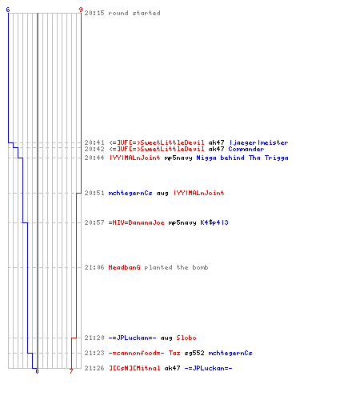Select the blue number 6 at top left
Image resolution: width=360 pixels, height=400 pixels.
pos(8,10)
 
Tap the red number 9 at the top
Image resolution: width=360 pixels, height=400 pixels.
pos(81,10)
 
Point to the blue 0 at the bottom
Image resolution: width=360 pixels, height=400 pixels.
pos(37,371)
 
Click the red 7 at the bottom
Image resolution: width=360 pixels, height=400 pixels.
pos(71,371)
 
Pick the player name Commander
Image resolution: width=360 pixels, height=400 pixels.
pos(246,149)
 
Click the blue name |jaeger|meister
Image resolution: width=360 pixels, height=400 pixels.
pos(258,142)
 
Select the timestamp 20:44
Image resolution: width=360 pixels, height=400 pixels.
pos(94,158)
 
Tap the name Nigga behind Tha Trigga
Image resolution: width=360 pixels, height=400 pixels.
pos(242,158)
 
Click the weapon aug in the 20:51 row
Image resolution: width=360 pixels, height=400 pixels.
pos(162,193)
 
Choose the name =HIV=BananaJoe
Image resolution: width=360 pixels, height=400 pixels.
pos(136,222)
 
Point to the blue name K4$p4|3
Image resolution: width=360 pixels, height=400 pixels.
pos(214,222)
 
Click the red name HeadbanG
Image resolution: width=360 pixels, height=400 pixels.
pos(124,267)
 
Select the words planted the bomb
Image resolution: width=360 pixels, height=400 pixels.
pos(176,267)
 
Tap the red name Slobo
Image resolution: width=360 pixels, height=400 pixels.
pos(186,338)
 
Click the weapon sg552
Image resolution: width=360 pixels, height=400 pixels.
pos(194,353)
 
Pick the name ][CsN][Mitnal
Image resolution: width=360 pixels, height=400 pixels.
pos(134,368)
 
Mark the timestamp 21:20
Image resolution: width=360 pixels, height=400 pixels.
pos(94,338)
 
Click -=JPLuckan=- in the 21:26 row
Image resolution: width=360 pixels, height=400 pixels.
pos(208,368)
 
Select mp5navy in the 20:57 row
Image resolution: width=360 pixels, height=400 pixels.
pos(182,222)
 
